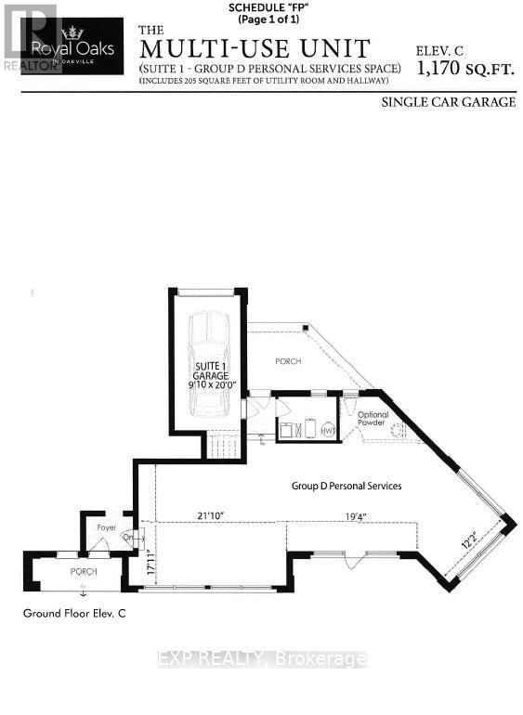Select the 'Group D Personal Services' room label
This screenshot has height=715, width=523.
(346, 485)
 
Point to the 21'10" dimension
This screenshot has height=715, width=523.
(213, 515)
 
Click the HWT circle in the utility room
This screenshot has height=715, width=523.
(327, 430)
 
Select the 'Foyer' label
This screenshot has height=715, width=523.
(106, 527)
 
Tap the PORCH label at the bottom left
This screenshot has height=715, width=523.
(84, 572)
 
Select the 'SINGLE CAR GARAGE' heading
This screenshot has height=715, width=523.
(448, 102)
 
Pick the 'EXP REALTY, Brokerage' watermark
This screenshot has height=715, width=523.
(261, 659)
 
